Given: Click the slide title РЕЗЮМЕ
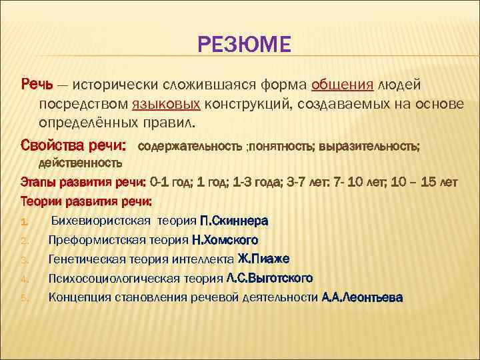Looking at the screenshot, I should [x=244, y=45].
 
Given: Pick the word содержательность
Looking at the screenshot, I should [x=191, y=145].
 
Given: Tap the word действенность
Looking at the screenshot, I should [x=80, y=162].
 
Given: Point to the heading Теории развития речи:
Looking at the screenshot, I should [x=87, y=200].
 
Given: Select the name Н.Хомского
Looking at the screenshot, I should [x=225, y=239].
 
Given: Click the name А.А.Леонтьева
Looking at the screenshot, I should [x=362, y=297].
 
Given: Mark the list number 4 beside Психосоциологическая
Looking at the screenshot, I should [x=24, y=279].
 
